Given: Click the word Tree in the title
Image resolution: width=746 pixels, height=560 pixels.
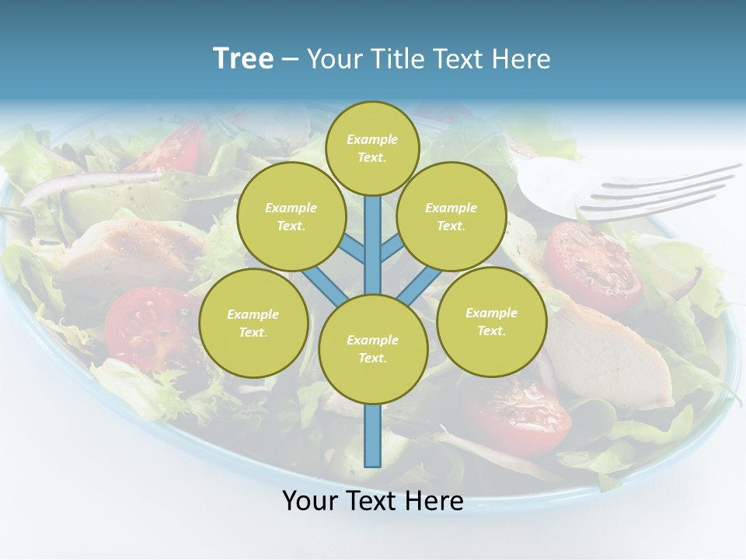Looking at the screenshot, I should tap(243, 58).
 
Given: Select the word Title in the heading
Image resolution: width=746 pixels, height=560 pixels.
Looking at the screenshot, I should tap(397, 59).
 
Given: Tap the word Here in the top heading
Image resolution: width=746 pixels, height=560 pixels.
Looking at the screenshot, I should tap(522, 59).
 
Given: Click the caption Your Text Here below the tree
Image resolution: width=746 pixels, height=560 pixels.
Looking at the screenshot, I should tap(372, 501).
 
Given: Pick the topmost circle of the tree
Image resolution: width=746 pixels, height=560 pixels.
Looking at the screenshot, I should tap(372, 148).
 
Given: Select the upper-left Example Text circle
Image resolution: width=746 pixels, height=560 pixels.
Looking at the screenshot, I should tap(291, 216).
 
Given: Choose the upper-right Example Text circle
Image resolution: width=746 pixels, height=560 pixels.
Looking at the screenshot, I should tap(451, 216).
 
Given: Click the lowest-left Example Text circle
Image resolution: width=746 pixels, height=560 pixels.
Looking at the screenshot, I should tap(253, 323).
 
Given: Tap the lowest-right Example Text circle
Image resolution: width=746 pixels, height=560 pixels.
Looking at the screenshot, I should tap(491, 321).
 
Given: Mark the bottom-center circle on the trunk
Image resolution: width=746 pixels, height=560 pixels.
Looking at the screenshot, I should tap(373, 348).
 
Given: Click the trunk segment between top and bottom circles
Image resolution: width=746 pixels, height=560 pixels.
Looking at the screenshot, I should tap(373, 249).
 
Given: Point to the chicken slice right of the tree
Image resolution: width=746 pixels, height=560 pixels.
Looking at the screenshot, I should tap(614, 354).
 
